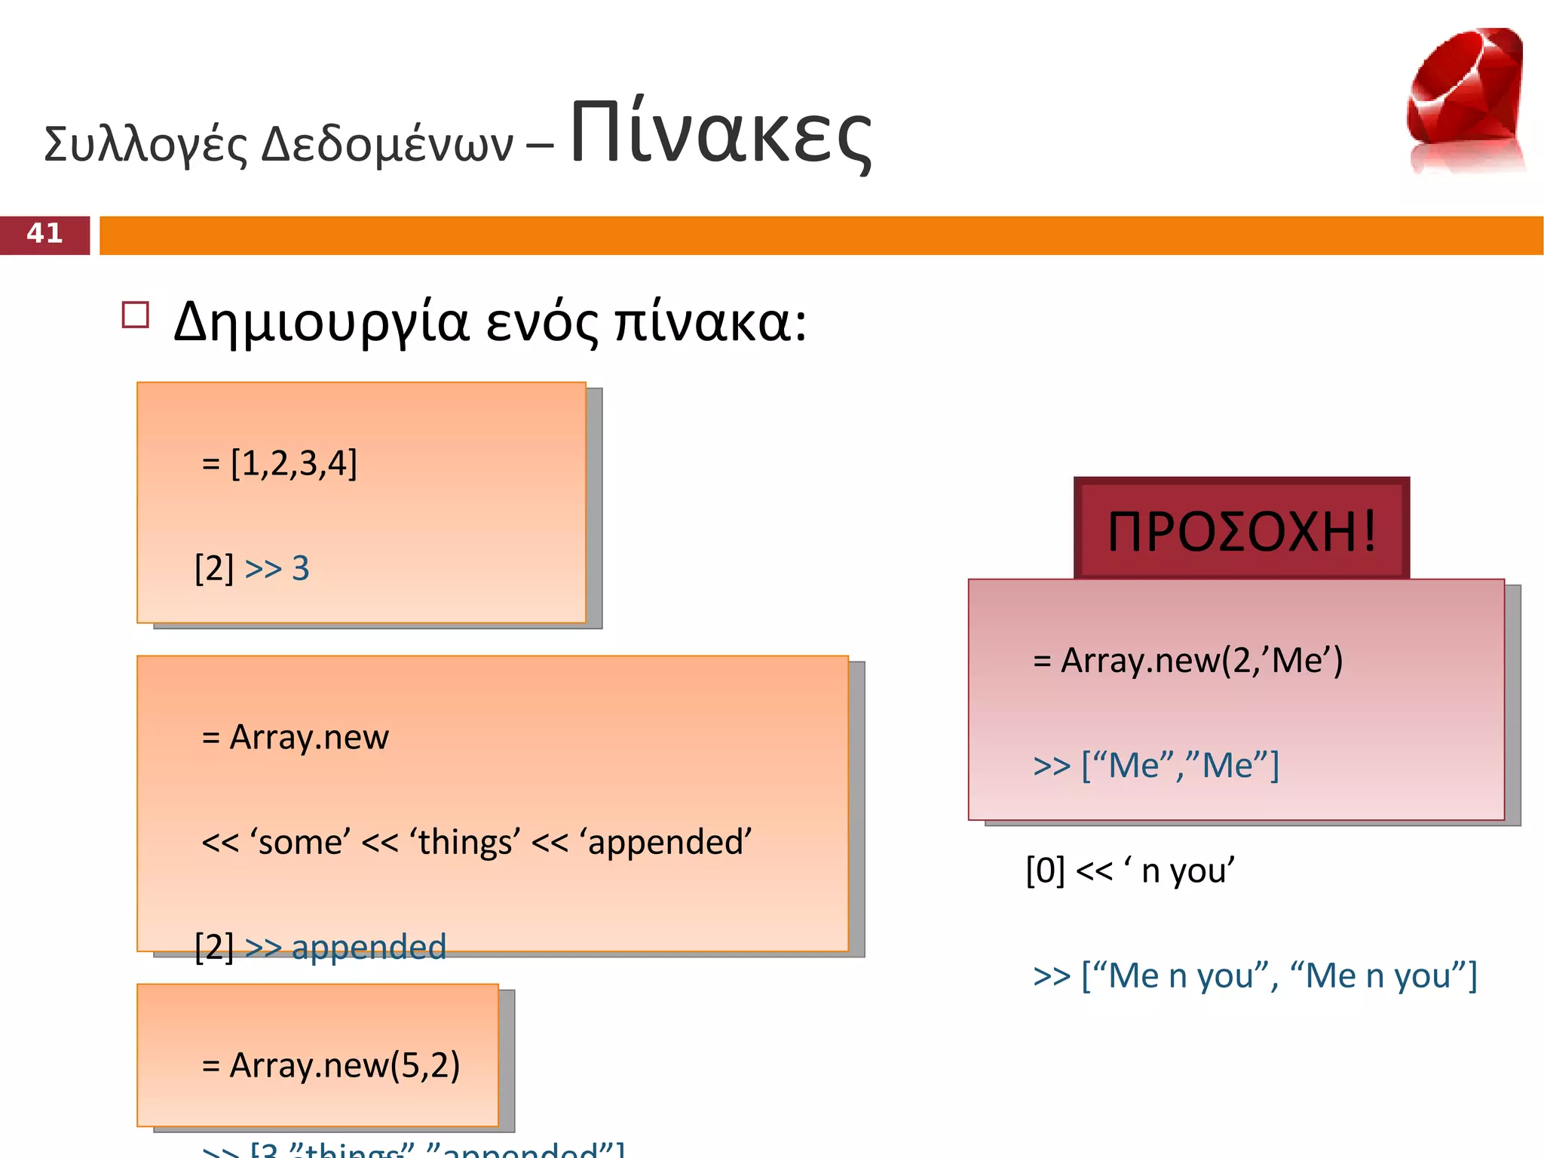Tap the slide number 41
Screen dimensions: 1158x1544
44,234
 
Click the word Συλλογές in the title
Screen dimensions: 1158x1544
146,145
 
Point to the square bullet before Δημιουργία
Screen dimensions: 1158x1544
136,315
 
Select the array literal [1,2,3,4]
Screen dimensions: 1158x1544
294,463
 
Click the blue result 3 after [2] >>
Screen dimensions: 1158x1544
301,568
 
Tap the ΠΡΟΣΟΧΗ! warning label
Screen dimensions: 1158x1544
1242,531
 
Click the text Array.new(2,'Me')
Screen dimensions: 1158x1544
1202,661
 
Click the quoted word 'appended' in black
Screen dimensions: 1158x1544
666,842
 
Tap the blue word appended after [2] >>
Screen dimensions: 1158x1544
369,948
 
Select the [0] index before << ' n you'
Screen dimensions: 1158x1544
1045,871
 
